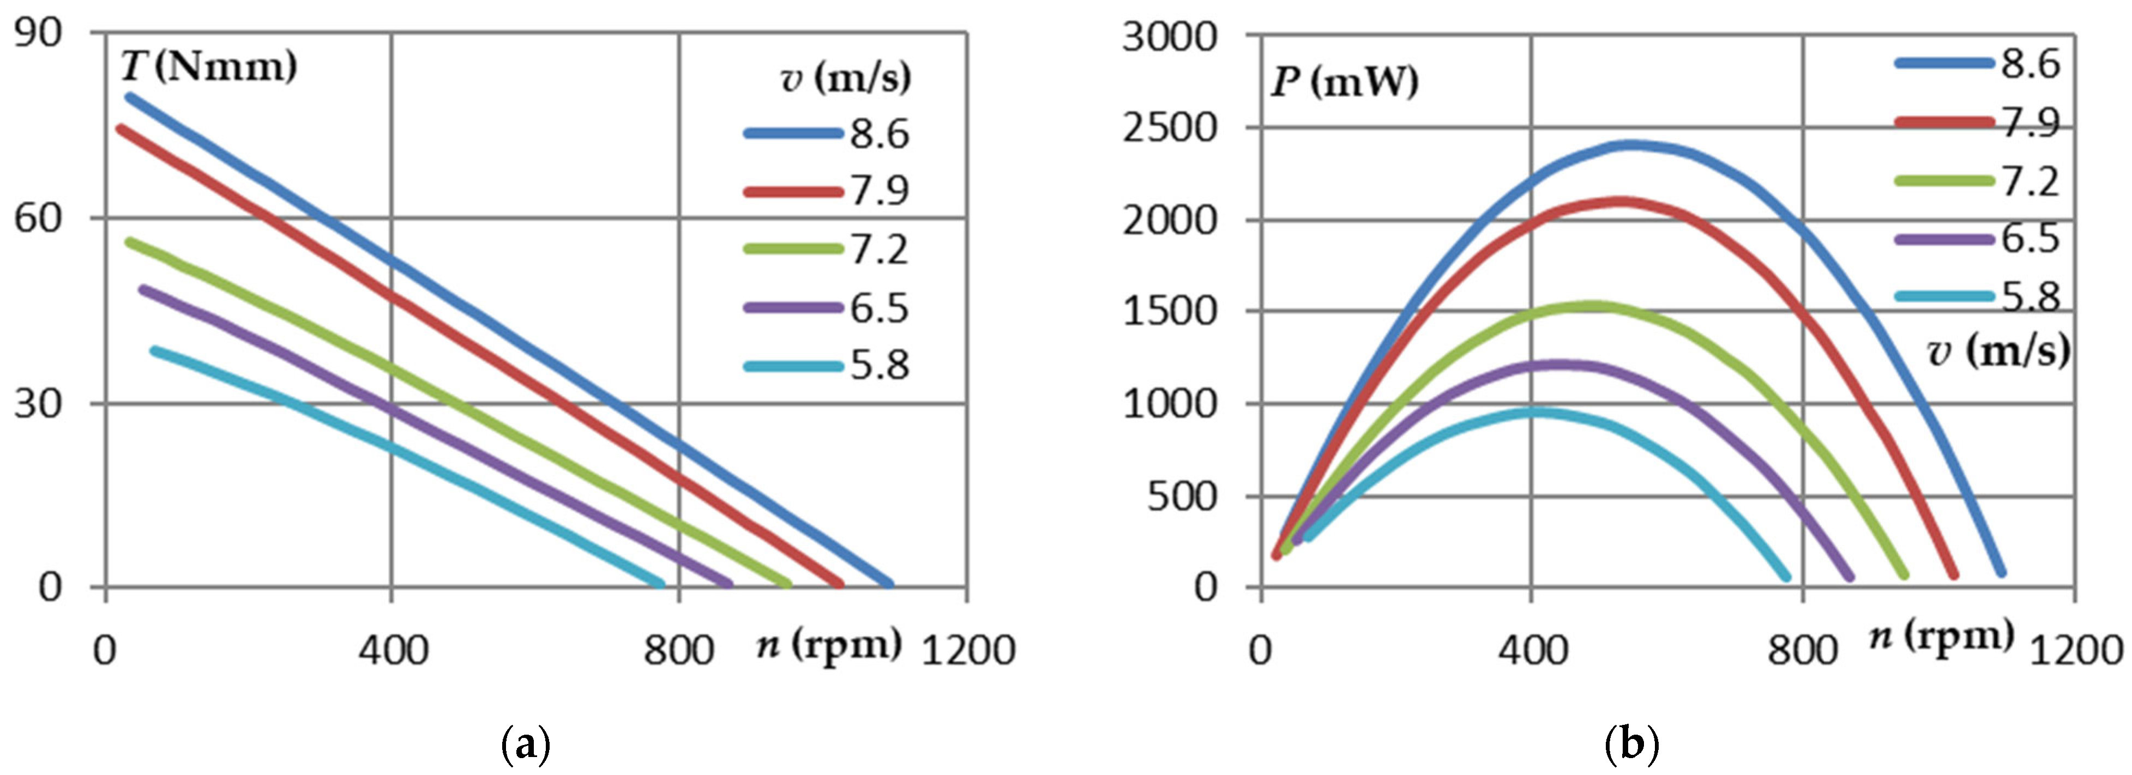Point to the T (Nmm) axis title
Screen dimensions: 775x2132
coord(208,66)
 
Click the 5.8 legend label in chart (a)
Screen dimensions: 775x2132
coord(879,366)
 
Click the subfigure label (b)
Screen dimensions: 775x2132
coord(1631,746)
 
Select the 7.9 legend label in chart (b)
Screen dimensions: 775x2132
coord(2029,123)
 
